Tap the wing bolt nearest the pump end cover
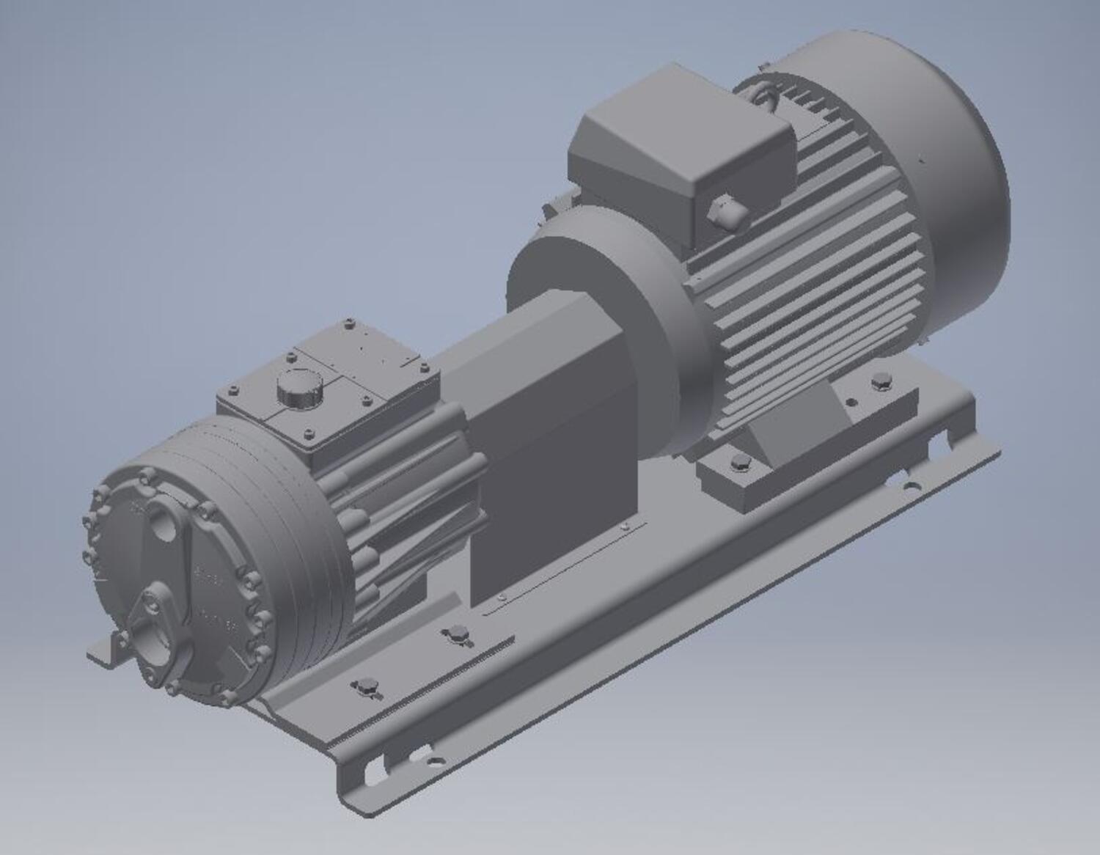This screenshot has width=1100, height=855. coord(364,688)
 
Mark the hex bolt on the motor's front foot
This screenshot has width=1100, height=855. coord(739,461)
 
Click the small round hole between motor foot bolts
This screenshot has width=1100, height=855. coord(851,402)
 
